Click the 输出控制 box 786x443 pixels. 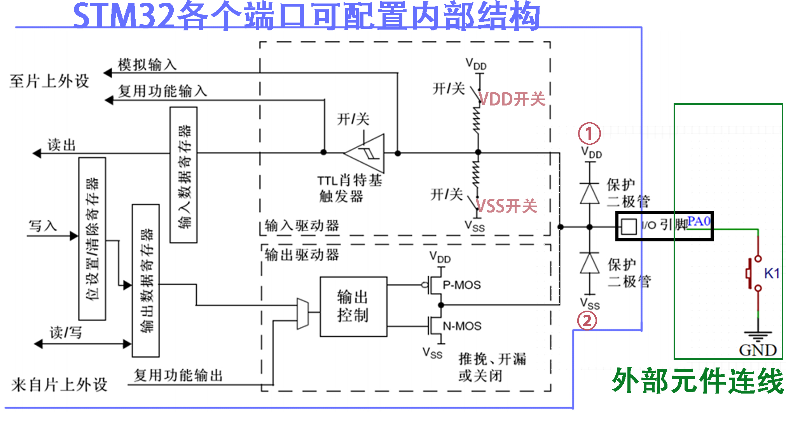(353, 306)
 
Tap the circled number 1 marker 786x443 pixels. (589, 134)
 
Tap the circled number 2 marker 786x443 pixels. (587, 321)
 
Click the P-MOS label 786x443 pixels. (462, 285)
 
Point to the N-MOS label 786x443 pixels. (462, 326)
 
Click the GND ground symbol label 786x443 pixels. (758, 350)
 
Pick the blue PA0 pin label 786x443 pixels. (699, 221)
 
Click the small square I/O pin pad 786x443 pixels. (629, 226)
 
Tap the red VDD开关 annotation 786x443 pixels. (512, 99)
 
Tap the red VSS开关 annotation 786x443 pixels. (507, 206)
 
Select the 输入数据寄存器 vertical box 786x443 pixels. (184, 175)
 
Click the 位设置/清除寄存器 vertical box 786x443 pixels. (92, 239)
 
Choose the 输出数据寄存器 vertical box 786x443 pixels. (146, 280)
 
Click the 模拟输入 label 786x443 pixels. (147, 65)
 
